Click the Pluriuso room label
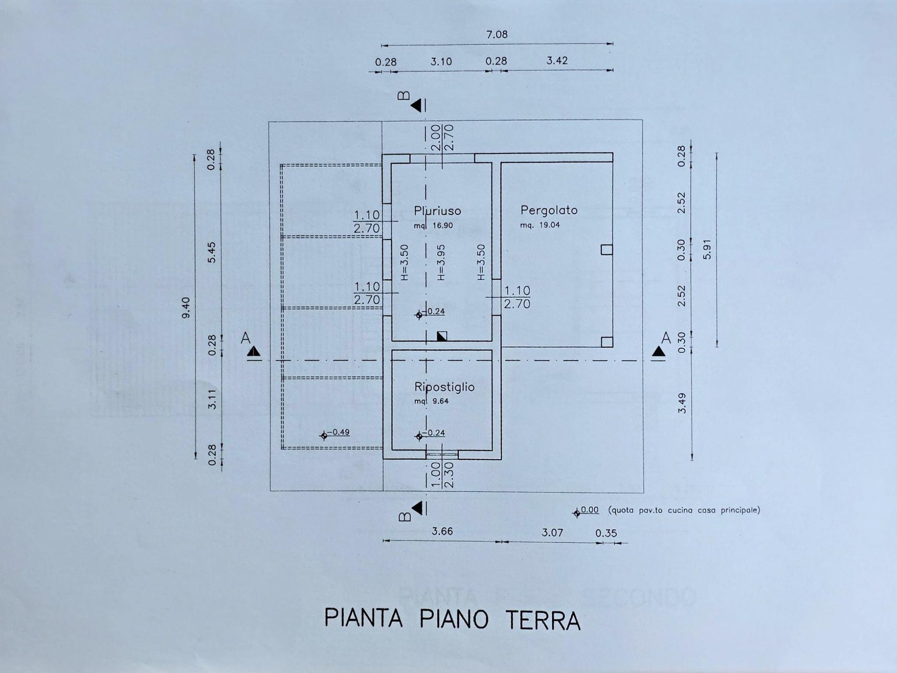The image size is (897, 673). click(438, 211)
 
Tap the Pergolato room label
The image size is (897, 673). click(549, 211)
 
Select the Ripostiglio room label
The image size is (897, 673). click(445, 387)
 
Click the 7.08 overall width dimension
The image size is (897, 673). click(497, 35)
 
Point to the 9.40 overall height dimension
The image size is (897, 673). click(186, 308)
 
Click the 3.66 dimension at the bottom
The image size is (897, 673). click(442, 531)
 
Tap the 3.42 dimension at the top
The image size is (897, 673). click(557, 60)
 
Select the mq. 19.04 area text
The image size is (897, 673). click(540, 225)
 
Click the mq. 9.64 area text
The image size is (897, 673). click(431, 401)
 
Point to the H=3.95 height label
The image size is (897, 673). click(441, 262)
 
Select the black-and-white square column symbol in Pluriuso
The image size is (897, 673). click(442, 336)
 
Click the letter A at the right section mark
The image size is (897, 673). click(666, 337)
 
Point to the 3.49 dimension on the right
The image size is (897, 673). click(682, 404)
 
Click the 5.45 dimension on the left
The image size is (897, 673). click(212, 252)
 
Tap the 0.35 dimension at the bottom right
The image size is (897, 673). click(606, 533)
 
